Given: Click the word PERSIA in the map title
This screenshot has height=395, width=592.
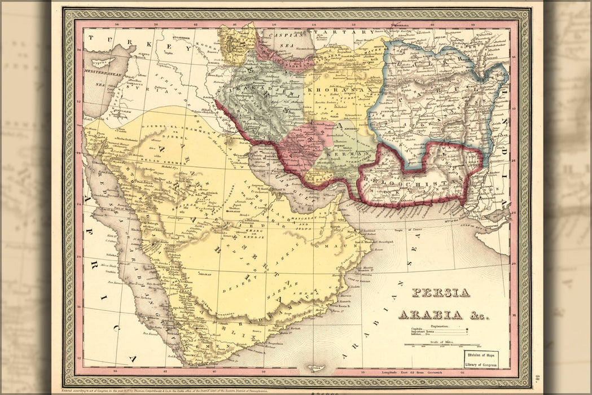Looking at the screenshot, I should coord(441,293).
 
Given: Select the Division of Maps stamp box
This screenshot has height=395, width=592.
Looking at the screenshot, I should coord(481,359).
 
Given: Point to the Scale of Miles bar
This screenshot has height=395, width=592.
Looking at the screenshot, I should coord(441,345).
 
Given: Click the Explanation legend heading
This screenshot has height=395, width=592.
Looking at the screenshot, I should coord(441,326).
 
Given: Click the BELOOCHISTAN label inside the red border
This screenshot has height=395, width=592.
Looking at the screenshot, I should coord(415,183).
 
